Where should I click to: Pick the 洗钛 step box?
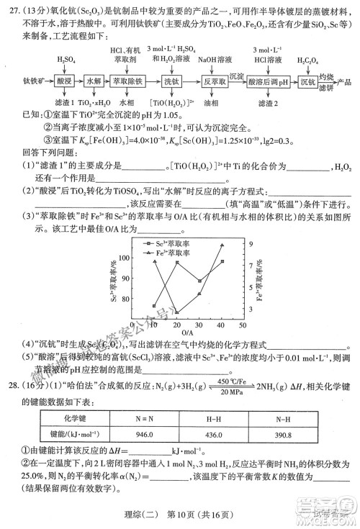171,81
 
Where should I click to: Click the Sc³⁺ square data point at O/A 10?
154,305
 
